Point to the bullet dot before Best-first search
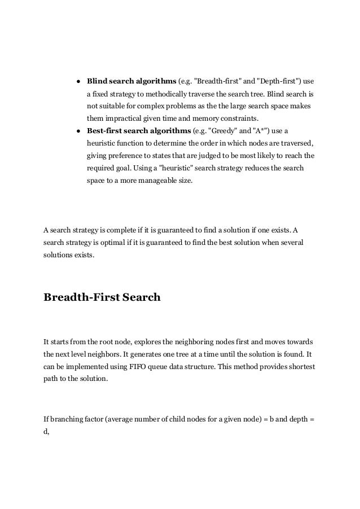78,131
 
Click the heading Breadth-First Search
102,297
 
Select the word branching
64,419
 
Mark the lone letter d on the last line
46,431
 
